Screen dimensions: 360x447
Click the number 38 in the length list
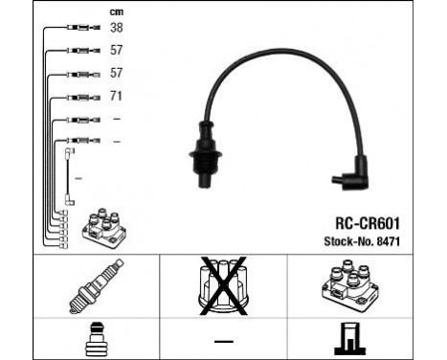117,28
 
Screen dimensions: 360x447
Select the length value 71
117,96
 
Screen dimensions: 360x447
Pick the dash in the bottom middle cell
223,341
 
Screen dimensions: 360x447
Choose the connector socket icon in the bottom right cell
355,337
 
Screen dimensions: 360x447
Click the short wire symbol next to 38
80,29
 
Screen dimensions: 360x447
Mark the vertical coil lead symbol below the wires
69,176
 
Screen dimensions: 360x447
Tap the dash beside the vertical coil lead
79,179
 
